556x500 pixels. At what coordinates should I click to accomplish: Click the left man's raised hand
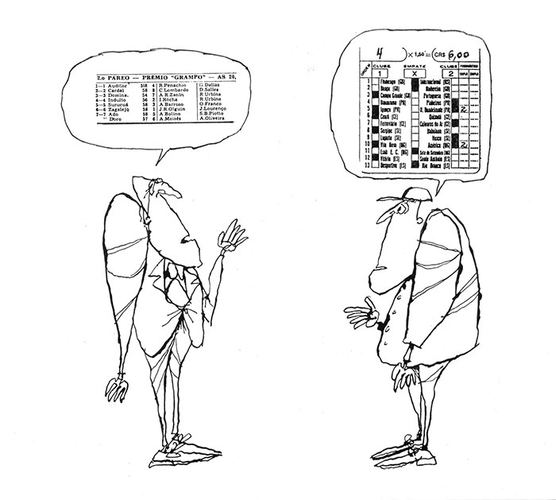point(233,232)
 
